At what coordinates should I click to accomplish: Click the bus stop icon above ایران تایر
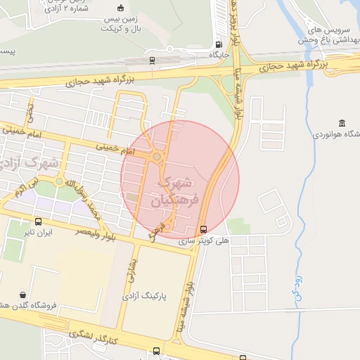[37, 221]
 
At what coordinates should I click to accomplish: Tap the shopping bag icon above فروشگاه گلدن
[24, 295]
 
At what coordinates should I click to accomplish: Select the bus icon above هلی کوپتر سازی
[203, 229]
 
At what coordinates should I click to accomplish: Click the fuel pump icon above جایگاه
[215, 41]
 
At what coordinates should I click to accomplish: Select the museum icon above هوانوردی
[342, 123]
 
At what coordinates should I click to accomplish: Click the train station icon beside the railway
[153, 60]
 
